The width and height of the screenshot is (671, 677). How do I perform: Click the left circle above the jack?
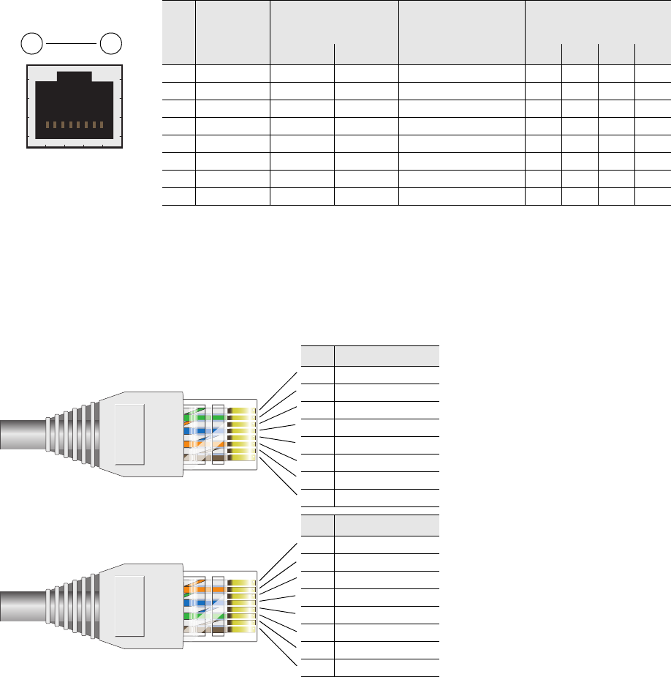point(31,44)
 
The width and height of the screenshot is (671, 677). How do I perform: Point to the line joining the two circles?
point(70,44)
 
